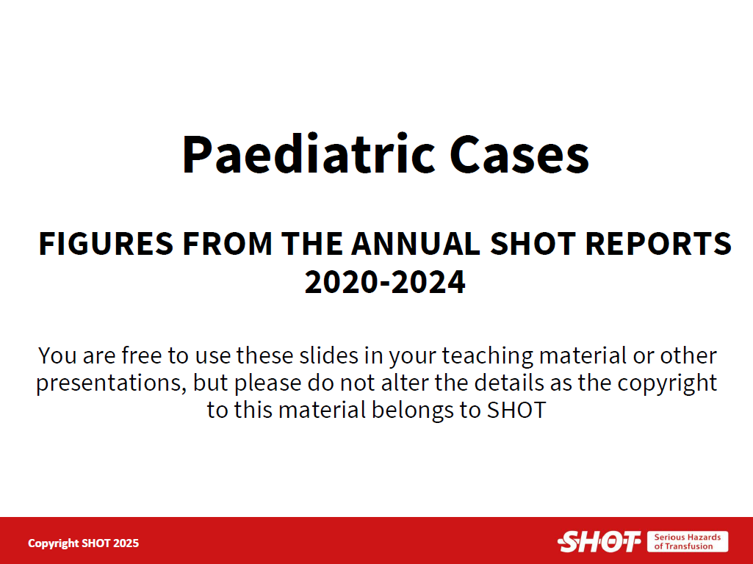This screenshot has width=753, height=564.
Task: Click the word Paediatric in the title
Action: pyautogui.click(x=309, y=153)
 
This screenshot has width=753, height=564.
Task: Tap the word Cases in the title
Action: pyautogui.click(x=519, y=153)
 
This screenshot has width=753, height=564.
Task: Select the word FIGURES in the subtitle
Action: pyautogui.click(x=106, y=243)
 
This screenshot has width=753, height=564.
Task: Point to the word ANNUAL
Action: pyautogui.click(x=416, y=243)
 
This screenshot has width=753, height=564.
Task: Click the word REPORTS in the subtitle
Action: pyautogui.click(x=658, y=243)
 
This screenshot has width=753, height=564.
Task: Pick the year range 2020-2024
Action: pyautogui.click(x=385, y=282)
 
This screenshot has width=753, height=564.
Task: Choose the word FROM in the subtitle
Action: pyautogui.click(x=227, y=243)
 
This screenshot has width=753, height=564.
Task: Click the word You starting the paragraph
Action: pyautogui.click(x=57, y=355)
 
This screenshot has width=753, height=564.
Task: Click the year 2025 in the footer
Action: pyautogui.click(x=126, y=543)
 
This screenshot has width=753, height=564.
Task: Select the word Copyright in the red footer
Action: pyautogui.click(x=54, y=543)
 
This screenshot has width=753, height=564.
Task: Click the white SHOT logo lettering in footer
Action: pyautogui.click(x=599, y=542)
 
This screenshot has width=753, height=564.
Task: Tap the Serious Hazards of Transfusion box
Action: pyautogui.click(x=687, y=541)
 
